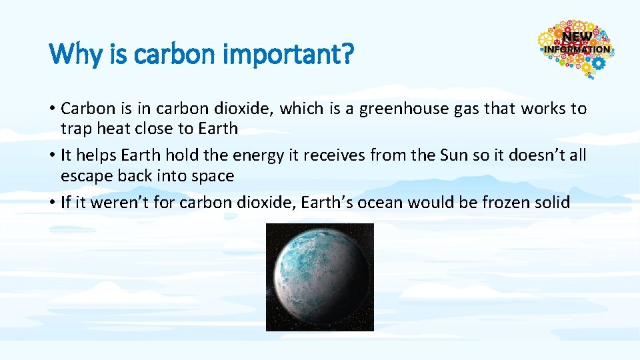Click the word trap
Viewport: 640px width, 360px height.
pos(77,128)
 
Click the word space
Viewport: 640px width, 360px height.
pos(213,176)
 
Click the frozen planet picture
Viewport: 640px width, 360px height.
pos(320,277)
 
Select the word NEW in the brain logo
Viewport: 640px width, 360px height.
pos(577,37)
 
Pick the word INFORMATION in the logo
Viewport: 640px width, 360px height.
pos(577,49)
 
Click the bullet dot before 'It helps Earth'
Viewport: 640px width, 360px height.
pos(52,156)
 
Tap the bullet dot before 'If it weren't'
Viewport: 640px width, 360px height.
pos(52,203)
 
